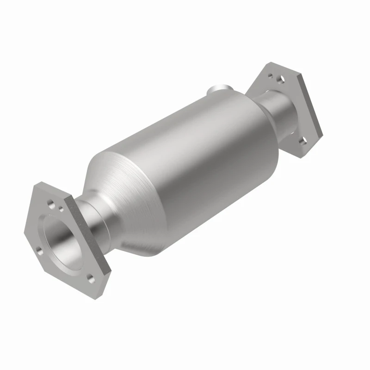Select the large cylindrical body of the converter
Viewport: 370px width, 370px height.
(x=194, y=157)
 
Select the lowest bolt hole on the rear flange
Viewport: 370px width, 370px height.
(x=303, y=140)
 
